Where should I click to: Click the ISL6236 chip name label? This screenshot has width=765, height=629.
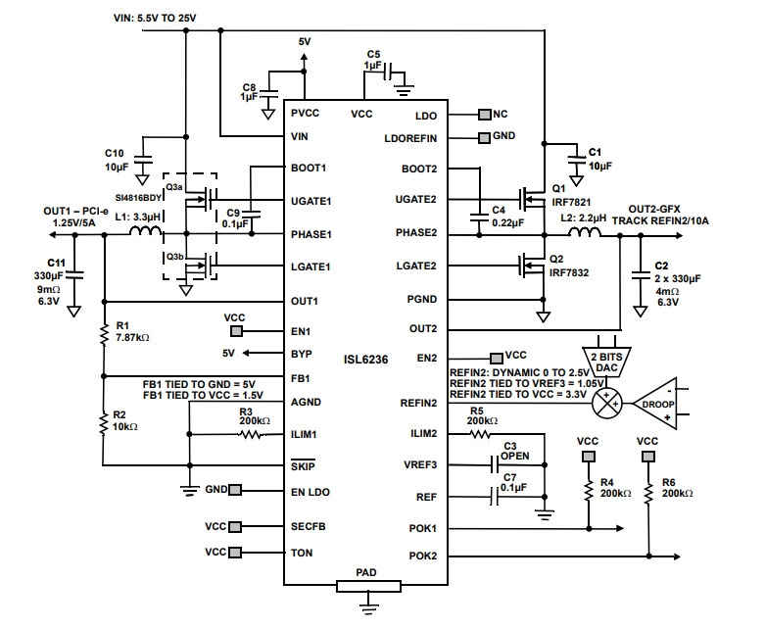[x=365, y=360]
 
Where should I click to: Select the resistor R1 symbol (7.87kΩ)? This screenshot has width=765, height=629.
[x=104, y=334]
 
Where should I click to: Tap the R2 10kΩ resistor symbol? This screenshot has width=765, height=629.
[x=104, y=423]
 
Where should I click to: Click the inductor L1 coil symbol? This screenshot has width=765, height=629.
[x=145, y=231]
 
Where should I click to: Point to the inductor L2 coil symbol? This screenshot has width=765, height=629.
[x=584, y=232]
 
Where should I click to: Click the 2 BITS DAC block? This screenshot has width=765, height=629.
[x=606, y=362]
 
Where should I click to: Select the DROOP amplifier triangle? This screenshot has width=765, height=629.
[x=655, y=404]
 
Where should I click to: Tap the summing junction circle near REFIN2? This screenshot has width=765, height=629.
[x=606, y=404]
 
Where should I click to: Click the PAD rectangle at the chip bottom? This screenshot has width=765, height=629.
[x=368, y=586]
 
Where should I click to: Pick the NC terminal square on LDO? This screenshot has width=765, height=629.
[x=485, y=115]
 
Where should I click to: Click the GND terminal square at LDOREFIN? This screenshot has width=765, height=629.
[x=484, y=138]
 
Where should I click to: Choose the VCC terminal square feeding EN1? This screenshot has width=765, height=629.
[x=236, y=331]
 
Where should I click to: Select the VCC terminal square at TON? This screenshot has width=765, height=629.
[x=235, y=553]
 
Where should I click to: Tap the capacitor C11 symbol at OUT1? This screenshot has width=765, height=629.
[x=74, y=275]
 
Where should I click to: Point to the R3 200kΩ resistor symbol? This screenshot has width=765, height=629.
[x=253, y=434]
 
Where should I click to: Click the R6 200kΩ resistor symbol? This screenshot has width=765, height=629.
[x=648, y=493]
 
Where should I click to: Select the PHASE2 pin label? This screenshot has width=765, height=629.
[x=416, y=233]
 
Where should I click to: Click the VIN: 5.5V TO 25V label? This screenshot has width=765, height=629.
[x=155, y=18]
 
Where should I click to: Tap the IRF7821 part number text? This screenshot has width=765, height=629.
[x=571, y=202]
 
